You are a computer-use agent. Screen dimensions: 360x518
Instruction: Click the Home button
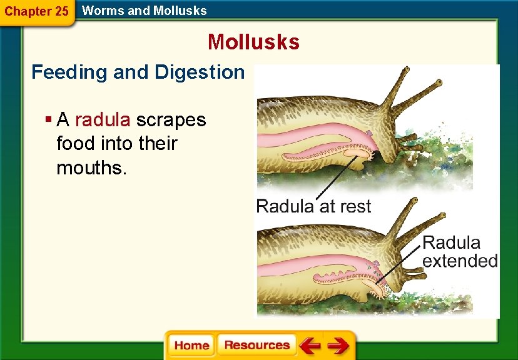click(191, 345)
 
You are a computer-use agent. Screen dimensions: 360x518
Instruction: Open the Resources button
click(256, 345)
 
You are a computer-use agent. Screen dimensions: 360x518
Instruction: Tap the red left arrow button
click(309, 346)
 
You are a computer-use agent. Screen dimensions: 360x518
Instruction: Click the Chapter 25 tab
click(36, 11)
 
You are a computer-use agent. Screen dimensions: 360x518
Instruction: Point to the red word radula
click(103, 119)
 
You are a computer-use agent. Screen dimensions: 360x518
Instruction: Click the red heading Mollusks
click(253, 42)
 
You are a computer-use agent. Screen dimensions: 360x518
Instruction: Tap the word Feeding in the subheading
click(69, 72)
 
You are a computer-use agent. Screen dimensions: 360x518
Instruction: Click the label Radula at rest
click(313, 206)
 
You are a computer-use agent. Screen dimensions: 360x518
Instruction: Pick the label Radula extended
click(460, 251)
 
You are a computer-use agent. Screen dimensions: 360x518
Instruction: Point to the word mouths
click(91, 167)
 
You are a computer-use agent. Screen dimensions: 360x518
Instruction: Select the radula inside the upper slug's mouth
click(357, 152)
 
